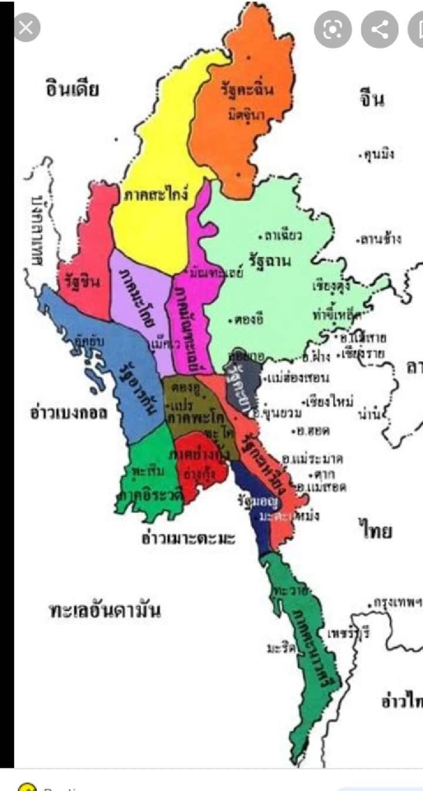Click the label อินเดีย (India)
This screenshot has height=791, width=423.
(x=72, y=89)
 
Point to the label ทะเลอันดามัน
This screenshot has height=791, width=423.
(x=104, y=611)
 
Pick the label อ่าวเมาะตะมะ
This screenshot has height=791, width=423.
(x=188, y=538)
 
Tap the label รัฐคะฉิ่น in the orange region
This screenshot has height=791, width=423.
(x=247, y=90)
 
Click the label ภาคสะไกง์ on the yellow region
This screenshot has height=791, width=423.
(x=156, y=194)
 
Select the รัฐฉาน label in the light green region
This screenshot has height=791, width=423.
(x=270, y=261)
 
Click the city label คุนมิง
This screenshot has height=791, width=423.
(x=378, y=155)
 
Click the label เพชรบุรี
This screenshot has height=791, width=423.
(x=348, y=634)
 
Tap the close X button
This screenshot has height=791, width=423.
(x=26, y=28)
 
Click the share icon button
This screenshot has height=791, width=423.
(x=379, y=29)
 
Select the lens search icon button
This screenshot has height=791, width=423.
(x=333, y=29)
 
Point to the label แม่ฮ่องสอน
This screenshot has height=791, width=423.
(x=298, y=378)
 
